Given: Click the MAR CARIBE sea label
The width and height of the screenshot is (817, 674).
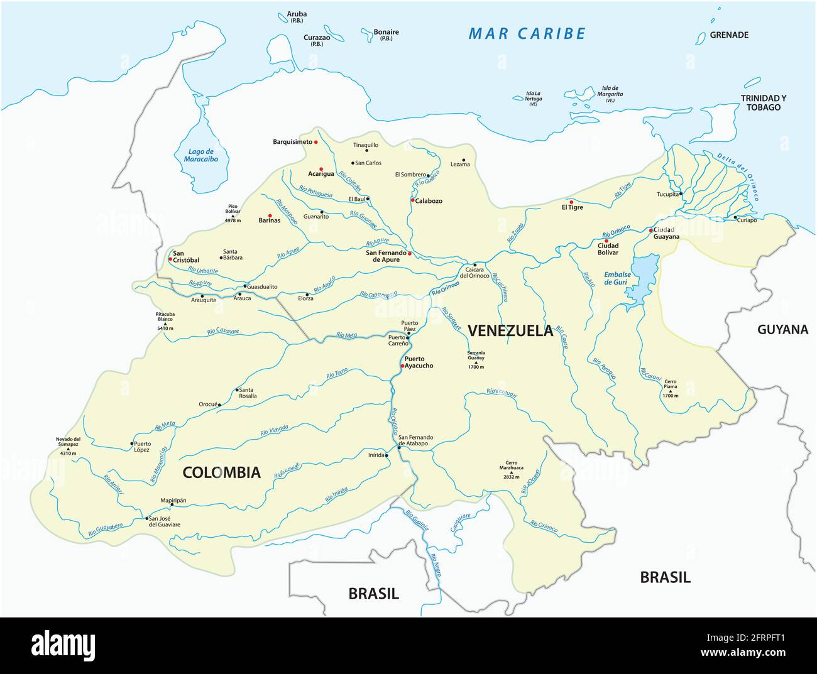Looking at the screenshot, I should coord(527,34).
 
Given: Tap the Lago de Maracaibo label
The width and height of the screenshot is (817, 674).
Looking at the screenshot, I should coord(202,155).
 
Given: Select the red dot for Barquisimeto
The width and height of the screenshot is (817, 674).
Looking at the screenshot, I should coord(316,142).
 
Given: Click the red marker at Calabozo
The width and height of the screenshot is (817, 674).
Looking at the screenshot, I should coord(412,200).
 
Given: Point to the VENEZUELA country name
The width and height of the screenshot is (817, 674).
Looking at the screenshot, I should coord(511,331).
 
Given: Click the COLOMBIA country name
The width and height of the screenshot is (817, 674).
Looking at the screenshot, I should coord(221,472).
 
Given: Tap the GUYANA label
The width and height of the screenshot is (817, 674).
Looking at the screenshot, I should coord(782,329).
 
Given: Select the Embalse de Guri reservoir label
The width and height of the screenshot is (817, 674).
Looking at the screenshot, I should coord(617,278).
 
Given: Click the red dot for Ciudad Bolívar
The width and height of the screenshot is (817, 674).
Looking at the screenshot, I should coord(606,241).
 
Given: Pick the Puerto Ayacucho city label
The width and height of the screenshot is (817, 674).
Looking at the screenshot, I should coord(419,362).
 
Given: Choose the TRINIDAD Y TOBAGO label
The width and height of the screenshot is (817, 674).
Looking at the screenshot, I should coord(763,102).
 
